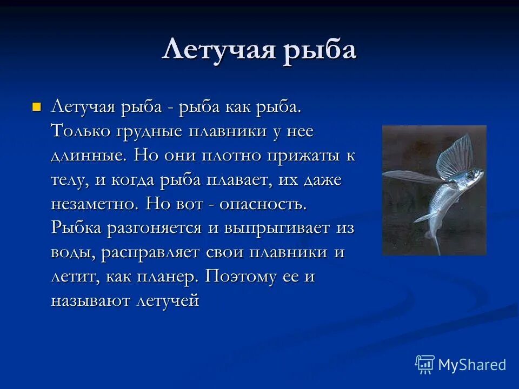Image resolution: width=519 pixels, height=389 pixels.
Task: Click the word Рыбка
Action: [x=76, y=228]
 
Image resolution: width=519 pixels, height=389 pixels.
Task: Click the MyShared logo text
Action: [x=471, y=365]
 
